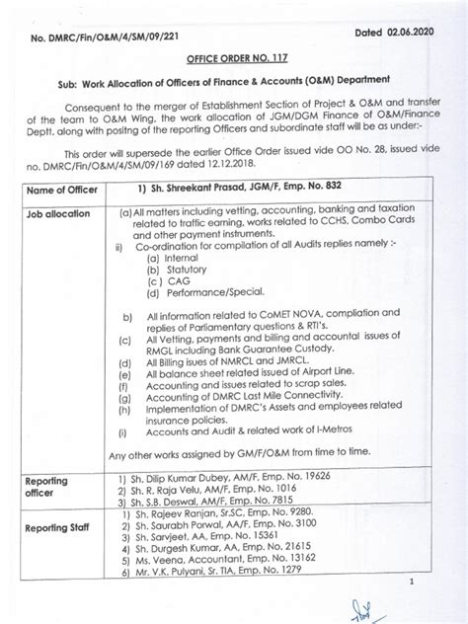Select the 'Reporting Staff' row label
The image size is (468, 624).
[x=60, y=528]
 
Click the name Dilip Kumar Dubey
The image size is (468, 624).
[x=191, y=476]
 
